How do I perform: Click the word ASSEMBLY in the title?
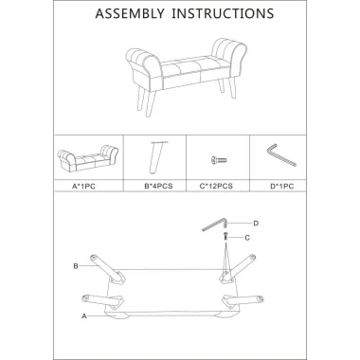click(x=130, y=13)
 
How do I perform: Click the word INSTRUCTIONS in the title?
click(x=223, y=13)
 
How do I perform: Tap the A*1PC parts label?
click(x=83, y=187)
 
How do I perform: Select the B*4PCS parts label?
click(x=158, y=186)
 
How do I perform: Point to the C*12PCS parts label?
click(x=216, y=186)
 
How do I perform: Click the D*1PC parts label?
click(x=282, y=187)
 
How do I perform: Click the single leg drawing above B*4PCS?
click(x=157, y=157)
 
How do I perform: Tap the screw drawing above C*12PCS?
click(x=219, y=160)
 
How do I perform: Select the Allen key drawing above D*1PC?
click(x=280, y=155)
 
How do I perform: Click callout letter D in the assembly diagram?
click(x=256, y=224)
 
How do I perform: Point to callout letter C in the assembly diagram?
click(x=247, y=238)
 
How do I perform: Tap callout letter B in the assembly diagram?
click(x=76, y=266)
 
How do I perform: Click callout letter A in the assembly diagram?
click(x=84, y=316)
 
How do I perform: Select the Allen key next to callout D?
click(x=215, y=225)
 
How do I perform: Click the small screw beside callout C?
click(x=225, y=236)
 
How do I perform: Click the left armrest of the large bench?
click(x=144, y=66)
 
